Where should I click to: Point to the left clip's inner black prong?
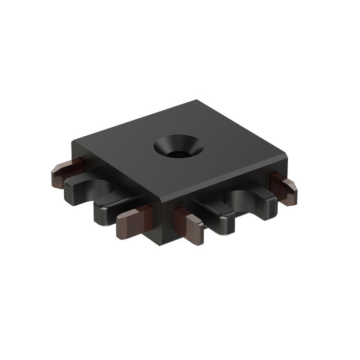click(x=111, y=211)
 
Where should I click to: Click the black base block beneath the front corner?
click(x=162, y=231)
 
